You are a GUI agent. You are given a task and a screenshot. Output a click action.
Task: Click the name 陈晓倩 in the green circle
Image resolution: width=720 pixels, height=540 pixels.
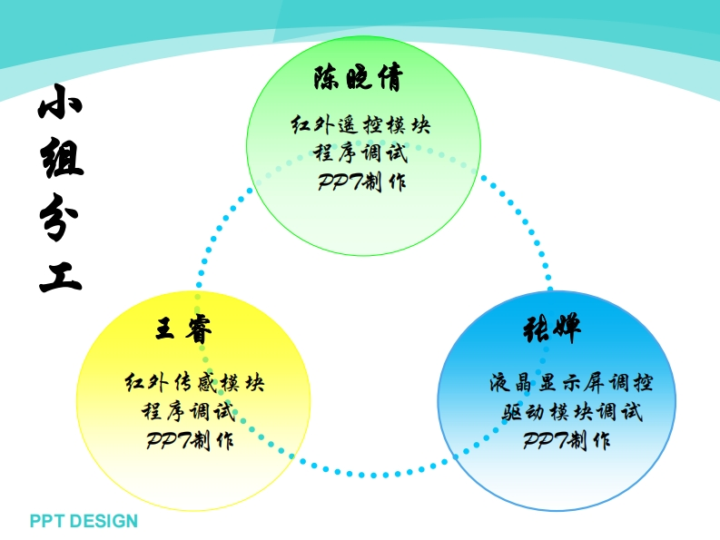[x=359, y=78]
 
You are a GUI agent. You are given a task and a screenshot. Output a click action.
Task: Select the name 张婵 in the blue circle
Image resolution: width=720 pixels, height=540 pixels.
[x=552, y=329]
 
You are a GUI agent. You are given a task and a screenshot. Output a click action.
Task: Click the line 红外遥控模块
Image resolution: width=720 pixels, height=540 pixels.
[x=360, y=124]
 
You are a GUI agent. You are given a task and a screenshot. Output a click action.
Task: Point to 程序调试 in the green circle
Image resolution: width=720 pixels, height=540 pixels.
[x=360, y=152]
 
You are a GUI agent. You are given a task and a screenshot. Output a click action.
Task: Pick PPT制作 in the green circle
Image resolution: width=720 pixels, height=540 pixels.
[x=361, y=182]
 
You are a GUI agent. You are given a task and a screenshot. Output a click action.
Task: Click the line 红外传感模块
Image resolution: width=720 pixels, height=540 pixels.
[x=194, y=382]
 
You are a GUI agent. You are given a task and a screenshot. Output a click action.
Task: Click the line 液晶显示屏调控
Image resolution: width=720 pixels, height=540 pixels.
[x=570, y=382]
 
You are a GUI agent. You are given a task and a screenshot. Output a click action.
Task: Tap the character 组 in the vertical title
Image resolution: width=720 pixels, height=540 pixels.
[x=61, y=162]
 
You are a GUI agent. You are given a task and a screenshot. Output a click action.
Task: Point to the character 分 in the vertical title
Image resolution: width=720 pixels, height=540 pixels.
[x=61, y=218]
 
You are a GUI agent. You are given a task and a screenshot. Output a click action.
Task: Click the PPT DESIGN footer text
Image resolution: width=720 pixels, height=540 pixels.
[x=84, y=521]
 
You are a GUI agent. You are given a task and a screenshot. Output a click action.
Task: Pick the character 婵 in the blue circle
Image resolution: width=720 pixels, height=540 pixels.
[x=567, y=329]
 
